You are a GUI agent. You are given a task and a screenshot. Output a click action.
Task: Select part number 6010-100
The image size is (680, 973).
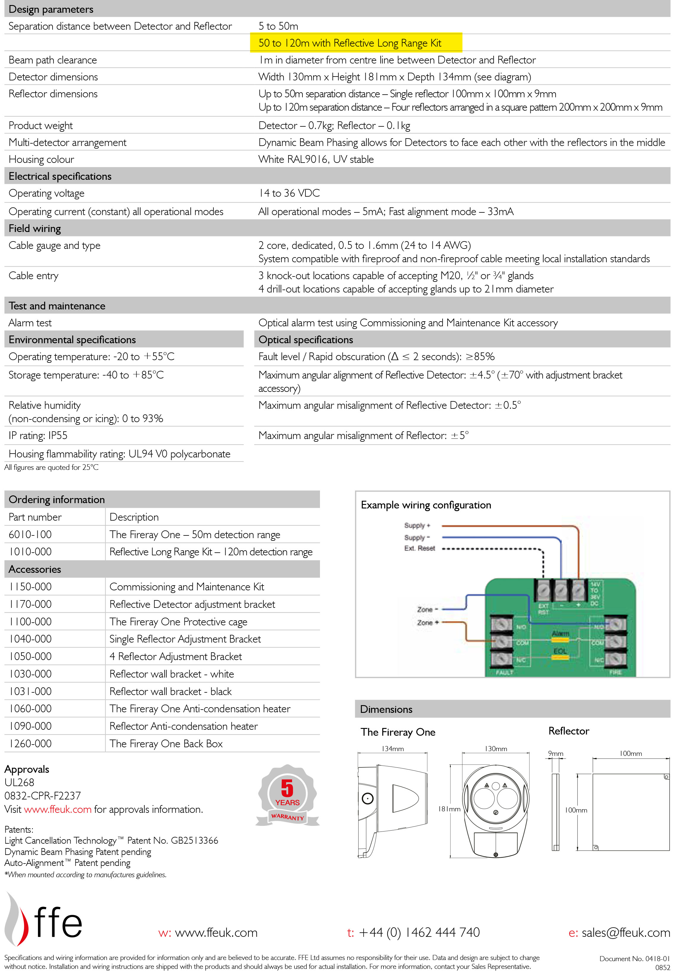click(30, 534)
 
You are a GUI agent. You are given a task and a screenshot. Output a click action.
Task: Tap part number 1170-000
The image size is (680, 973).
click(30, 604)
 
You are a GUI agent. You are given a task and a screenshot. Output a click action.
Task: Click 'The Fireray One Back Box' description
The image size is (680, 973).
click(166, 743)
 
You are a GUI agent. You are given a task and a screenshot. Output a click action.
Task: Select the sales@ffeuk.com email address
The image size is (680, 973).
click(625, 932)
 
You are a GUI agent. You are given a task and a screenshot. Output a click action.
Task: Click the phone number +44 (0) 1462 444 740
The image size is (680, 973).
click(419, 932)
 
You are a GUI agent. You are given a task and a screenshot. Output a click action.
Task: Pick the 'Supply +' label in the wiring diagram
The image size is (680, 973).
click(417, 525)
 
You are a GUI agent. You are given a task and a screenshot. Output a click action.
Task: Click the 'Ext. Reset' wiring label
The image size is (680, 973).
click(419, 548)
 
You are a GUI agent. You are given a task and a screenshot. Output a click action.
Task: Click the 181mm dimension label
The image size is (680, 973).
click(449, 809)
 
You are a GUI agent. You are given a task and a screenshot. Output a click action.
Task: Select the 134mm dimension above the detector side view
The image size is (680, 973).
click(393, 749)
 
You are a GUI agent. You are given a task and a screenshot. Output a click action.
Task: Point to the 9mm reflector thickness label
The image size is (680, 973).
click(555, 753)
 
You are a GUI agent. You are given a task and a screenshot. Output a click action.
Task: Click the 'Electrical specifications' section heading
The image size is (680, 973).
click(60, 176)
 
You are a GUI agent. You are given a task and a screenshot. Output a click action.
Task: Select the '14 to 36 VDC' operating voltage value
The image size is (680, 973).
click(289, 193)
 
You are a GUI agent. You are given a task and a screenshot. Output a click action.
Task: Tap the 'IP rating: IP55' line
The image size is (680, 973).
click(38, 436)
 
